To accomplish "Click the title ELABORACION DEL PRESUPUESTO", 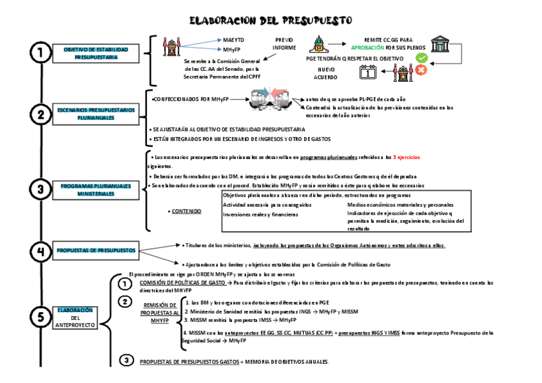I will click(x=271, y=21).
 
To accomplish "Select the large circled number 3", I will click(x=41, y=188).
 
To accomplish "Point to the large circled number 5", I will click(x=41, y=317).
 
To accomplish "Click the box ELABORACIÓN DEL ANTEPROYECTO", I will click(x=75, y=317).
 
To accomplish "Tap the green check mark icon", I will click(x=421, y=58).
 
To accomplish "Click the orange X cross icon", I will click(x=421, y=70).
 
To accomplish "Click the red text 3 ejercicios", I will click(x=407, y=157).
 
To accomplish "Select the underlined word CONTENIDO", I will click(x=186, y=211).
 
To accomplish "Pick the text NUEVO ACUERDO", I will click(x=326, y=73).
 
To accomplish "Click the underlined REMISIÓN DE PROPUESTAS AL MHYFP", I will click(x=159, y=313).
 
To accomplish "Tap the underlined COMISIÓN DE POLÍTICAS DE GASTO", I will click(x=182, y=282).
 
